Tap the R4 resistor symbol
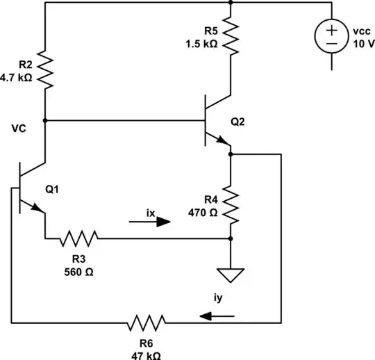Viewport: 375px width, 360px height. (x=231, y=204)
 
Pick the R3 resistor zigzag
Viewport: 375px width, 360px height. (x=78, y=240)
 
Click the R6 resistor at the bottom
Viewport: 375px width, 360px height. (x=147, y=322)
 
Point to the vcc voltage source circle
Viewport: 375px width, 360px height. (x=332, y=36)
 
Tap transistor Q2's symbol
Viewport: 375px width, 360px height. (x=216, y=121)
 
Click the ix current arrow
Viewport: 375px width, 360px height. (x=149, y=223)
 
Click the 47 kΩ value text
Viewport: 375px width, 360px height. (x=146, y=353)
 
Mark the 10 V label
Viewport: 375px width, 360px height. (x=362, y=42)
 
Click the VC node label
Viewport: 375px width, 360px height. (x=18, y=129)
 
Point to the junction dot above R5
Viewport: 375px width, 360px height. (x=230, y=3)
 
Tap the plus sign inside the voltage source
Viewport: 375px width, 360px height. (x=332, y=29)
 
